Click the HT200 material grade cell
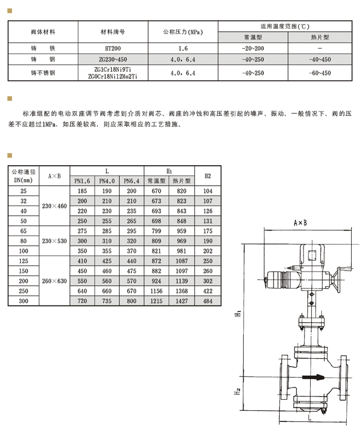pos(113,48)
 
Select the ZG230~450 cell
pos(113,59)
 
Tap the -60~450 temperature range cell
pos(320,73)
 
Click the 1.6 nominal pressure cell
pos(183,48)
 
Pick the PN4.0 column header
pos(107,181)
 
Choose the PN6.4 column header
pos(132,181)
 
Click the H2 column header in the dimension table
pos(208,176)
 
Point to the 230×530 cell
pos(54,241)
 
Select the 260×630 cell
pos(54,281)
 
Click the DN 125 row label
pos(23,261)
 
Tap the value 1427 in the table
pos(182,301)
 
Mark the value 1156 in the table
pos(156,291)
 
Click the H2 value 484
pos(208,301)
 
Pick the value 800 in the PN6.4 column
pos(132,301)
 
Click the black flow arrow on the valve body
pos(313,377)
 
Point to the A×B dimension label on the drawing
pos(300,222)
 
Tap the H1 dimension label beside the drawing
pos(238,313)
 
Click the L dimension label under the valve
pos(310,417)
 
